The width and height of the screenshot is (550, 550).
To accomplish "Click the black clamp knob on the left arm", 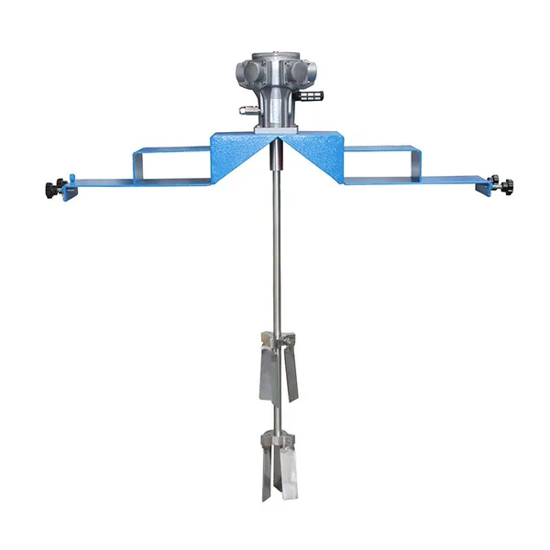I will [49, 189].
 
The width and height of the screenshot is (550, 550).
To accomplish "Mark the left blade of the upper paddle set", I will [266, 371].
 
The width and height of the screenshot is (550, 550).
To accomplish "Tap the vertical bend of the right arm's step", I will [417, 163].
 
